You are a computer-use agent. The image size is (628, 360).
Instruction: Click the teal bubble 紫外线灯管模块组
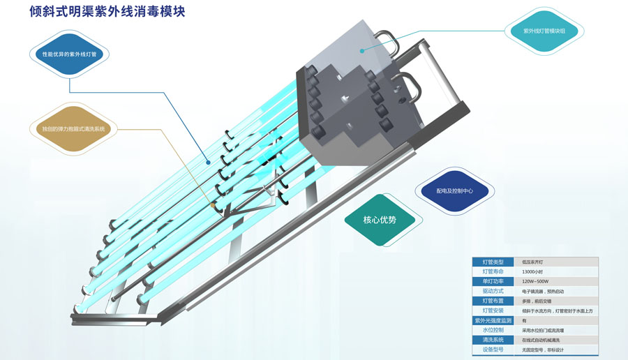(544, 31)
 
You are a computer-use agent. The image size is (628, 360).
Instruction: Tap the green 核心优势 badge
(380, 220)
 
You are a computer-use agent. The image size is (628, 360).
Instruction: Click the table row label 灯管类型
(493, 262)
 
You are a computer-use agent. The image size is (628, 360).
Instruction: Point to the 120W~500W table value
(535, 281)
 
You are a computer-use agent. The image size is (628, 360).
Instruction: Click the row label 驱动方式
(493, 291)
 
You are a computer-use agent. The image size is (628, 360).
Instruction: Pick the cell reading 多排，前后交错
(537, 301)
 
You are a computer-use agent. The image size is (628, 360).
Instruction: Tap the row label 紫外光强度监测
(493, 320)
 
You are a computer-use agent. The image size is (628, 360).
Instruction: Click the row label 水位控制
(493, 329)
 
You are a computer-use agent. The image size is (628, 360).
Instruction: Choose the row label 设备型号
(493, 349)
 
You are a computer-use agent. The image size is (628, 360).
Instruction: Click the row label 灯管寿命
(493, 271)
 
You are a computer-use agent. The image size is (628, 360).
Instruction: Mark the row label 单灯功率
(493, 281)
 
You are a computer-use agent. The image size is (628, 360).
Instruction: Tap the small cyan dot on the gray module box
(363, 50)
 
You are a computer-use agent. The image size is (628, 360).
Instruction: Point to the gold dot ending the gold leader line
(212, 206)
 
